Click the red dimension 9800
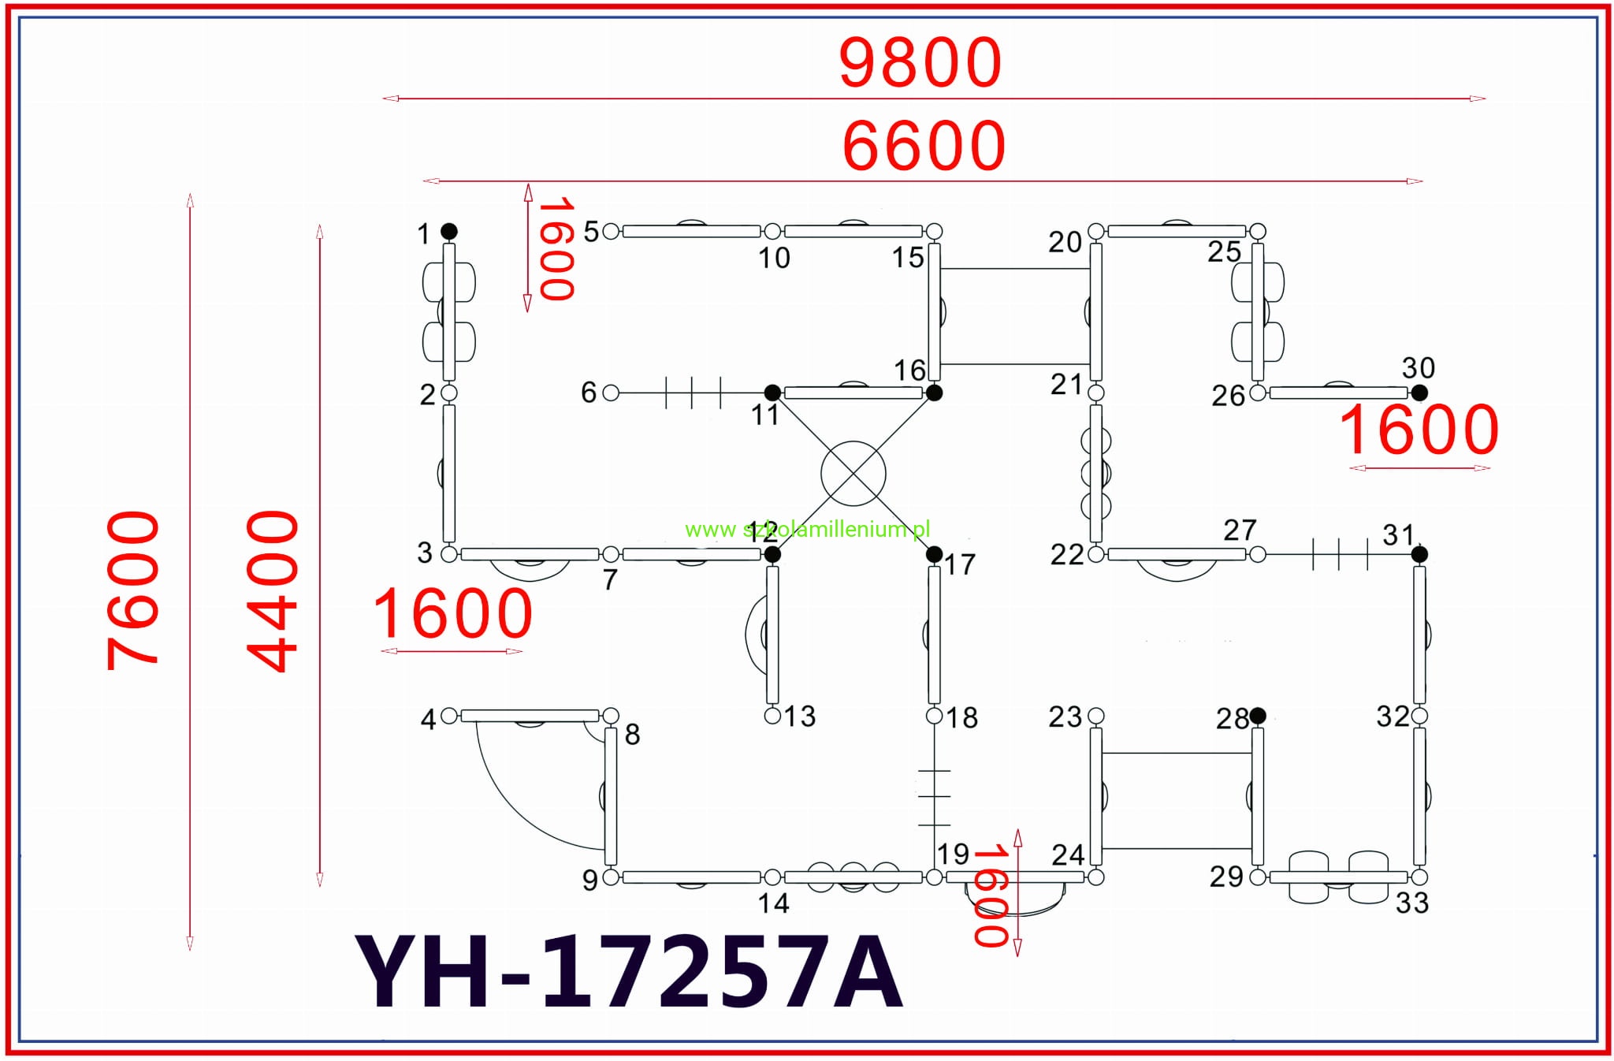tap(920, 63)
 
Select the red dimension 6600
tap(924, 146)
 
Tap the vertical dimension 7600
tap(133, 590)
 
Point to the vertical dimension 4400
tap(273, 591)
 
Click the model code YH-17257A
tap(628, 973)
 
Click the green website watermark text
tap(807, 530)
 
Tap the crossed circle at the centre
tap(853, 474)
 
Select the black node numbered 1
tap(448, 231)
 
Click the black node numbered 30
tap(1419, 392)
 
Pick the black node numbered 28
tap(1257, 715)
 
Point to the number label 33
tap(1411, 903)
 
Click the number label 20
tap(1065, 242)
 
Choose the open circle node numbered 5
tap(611, 231)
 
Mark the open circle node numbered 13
tap(772, 715)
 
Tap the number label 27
tap(1240, 530)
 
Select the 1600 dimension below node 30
tap(1419, 430)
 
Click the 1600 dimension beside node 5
tap(555, 249)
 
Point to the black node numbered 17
tap(934, 554)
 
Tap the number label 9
tap(589, 880)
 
